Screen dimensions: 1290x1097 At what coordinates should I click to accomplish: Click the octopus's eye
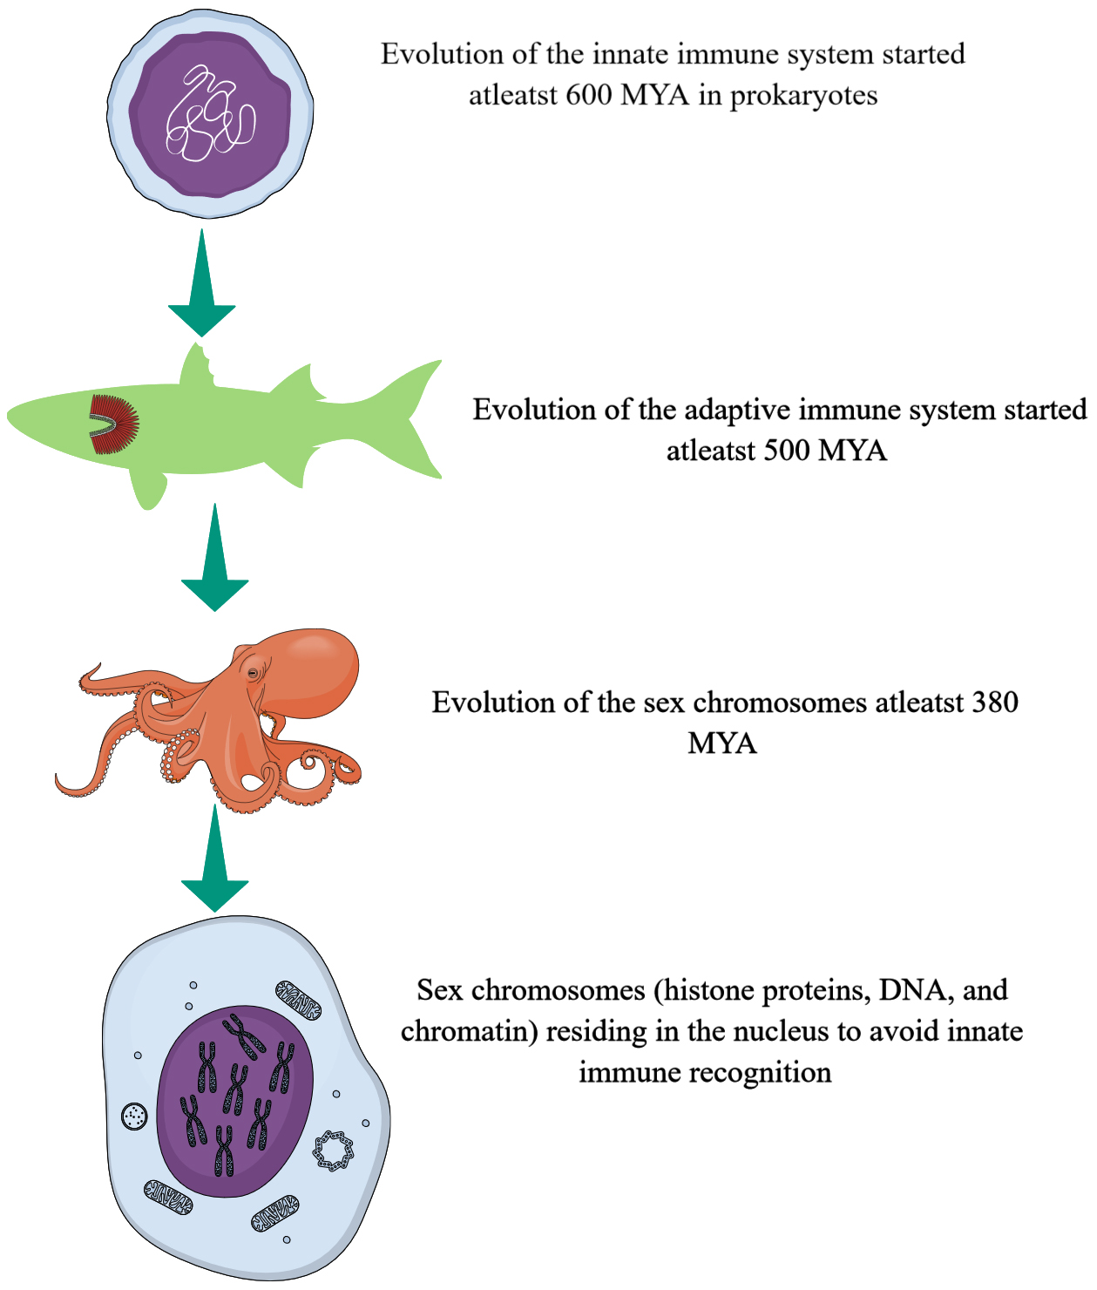[x=253, y=673]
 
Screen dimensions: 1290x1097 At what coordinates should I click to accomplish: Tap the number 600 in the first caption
[x=589, y=94]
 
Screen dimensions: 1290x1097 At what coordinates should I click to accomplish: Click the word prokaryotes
[x=803, y=94]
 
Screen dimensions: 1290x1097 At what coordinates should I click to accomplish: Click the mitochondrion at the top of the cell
[x=298, y=1000]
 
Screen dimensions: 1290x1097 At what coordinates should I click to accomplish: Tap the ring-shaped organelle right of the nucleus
[x=334, y=1151]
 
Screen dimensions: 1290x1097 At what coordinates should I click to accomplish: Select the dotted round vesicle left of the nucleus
[x=135, y=1115]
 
